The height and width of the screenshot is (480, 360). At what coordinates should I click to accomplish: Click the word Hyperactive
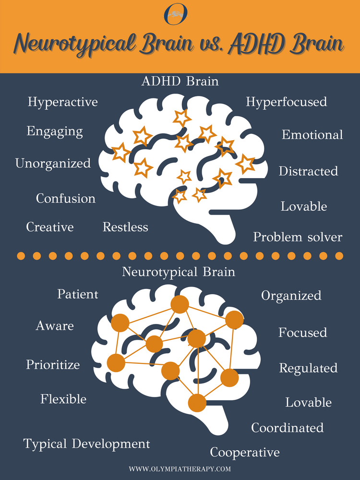[62, 102]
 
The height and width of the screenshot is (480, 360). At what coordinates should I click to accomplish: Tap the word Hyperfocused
[286, 102]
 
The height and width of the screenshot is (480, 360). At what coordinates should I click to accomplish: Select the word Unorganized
[53, 164]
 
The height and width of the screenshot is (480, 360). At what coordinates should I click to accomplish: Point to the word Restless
[125, 227]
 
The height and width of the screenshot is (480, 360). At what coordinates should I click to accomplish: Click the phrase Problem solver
[298, 237]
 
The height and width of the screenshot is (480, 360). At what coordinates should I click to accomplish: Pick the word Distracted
[308, 171]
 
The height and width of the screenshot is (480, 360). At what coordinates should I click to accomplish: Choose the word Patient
[78, 294]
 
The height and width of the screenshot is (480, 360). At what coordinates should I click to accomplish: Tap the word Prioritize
[53, 365]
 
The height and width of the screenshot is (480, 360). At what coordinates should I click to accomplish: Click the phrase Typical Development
[87, 444]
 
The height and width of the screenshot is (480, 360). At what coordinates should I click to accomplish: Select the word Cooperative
[245, 452]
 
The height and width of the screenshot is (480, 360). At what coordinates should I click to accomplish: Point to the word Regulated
[308, 368]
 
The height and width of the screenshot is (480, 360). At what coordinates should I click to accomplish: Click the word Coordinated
[287, 427]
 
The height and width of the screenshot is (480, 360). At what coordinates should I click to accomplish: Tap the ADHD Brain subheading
[180, 81]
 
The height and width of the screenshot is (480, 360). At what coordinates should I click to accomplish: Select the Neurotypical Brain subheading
[179, 272]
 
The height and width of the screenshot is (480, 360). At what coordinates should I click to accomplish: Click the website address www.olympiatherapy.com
[180, 468]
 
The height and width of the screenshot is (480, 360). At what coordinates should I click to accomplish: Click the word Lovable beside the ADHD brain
[304, 207]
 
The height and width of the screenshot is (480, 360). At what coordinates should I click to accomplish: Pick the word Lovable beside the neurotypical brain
[308, 402]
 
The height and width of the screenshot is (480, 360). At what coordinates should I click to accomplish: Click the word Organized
[291, 296]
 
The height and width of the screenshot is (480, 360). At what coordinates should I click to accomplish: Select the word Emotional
[312, 135]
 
